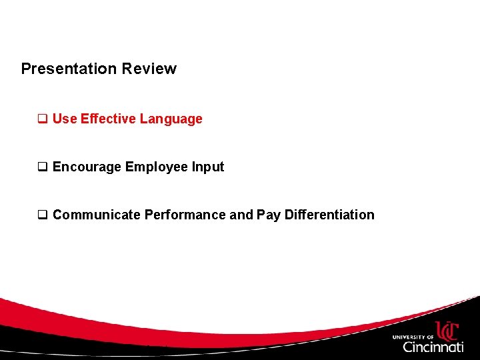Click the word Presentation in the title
click(69, 69)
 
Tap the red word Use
click(65, 119)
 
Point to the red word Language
click(171, 119)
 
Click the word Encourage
click(87, 167)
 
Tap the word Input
click(208, 167)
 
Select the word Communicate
click(97, 215)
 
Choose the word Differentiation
click(329, 215)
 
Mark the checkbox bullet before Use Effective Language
click(42, 119)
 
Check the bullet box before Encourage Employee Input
click(42, 167)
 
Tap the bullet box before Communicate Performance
click(42, 215)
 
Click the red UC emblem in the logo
click(447, 330)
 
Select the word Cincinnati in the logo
click(433, 347)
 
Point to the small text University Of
click(413, 337)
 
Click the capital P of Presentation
click(26, 69)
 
